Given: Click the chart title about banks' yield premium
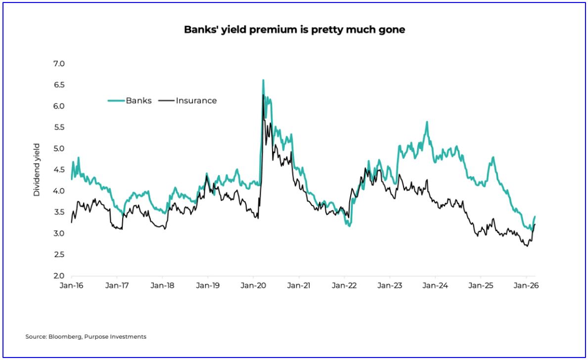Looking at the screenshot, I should click(x=294, y=30).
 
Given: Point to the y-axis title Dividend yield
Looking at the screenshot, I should click(x=37, y=170).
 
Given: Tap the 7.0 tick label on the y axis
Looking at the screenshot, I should click(x=59, y=64).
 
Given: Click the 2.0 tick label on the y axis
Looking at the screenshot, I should click(x=59, y=276).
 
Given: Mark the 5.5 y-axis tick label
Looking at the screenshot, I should click(x=59, y=128).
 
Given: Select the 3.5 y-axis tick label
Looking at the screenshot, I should click(x=59, y=212).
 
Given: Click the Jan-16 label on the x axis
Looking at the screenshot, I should click(x=72, y=286).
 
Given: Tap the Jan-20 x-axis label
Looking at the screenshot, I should click(x=253, y=286).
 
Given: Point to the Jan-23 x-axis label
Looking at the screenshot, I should click(x=389, y=286).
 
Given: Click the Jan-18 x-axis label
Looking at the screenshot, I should click(x=162, y=286).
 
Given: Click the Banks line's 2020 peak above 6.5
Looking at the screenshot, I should click(x=263, y=80).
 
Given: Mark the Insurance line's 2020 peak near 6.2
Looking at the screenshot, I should click(x=263, y=95).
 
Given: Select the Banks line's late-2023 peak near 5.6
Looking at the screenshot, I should click(x=427, y=122).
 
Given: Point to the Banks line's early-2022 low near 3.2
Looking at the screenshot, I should click(x=350, y=225).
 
